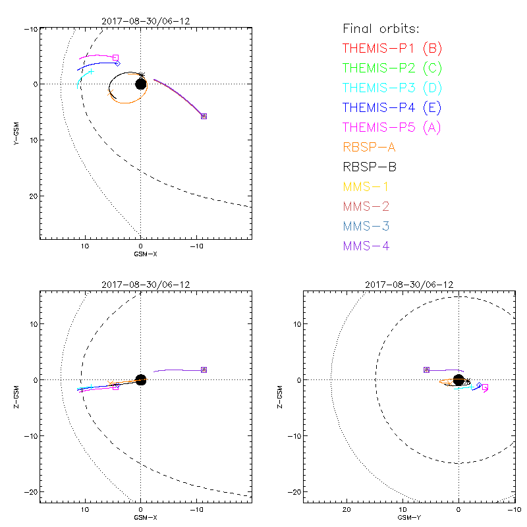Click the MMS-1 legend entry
click(370, 186)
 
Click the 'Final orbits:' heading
click(381, 28)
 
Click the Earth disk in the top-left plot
click(140, 84)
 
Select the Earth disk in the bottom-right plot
click(458, 379)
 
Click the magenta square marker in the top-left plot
click(115, 58)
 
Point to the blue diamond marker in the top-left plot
click(117, 63)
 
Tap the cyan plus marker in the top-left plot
click(92, 71)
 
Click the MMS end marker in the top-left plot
click(204, 116)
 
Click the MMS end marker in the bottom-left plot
click(204, 370)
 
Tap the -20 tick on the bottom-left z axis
click(28, 491)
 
